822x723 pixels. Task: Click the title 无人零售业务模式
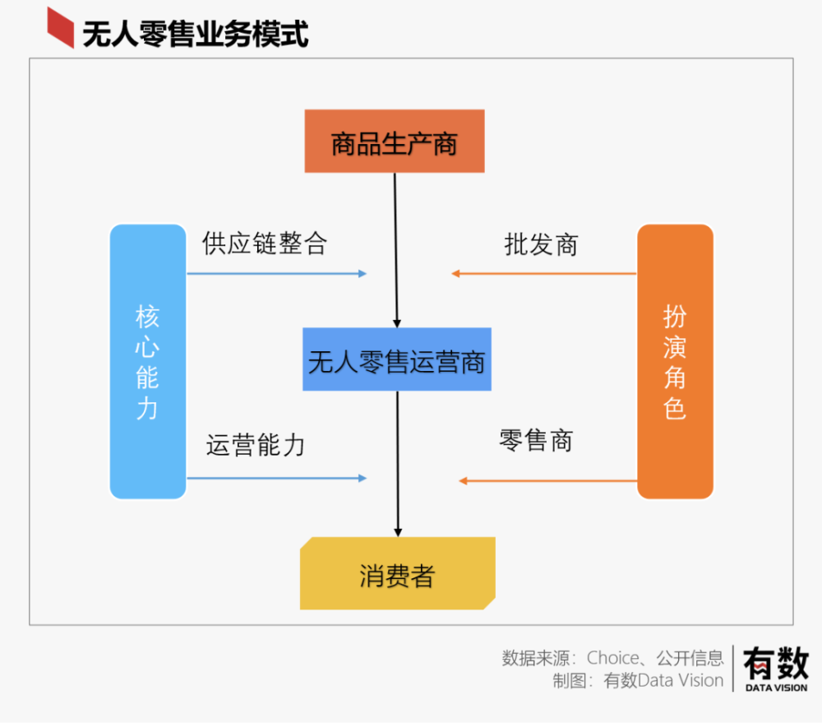click(x=195, y=34)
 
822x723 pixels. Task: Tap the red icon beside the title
click(x=60, y=28)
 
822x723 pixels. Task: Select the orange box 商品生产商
click(x=395, y=141)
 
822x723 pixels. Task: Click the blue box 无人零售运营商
click(x=397, y=359)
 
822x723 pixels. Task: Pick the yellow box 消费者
click(x=397, y=573)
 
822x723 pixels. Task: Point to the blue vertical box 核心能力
click(x=148, y=362)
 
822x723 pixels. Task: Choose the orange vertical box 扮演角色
click(x=675, y=362)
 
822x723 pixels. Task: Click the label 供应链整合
click(x=265, y=243)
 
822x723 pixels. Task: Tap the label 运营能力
click(x=256, y=445)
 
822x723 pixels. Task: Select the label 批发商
click(x=541, y=244)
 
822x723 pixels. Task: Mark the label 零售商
click(x=536, y=440)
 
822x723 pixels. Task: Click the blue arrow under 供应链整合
click(x=277, y=273)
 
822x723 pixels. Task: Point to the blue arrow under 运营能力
click(x=277, y=478)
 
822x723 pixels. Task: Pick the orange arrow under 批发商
click(x=544, y=273)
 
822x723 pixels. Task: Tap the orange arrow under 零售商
click(x=547, y=480)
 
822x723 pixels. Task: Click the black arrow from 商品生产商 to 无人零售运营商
click(x=396, y=250)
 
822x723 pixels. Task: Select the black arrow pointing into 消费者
click(x=398, y=464)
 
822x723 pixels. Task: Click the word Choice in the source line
click(x=613, y=657)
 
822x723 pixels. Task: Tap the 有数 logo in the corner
click(x=777, y=669)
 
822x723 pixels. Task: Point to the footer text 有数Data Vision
click(x=663, y=680)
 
